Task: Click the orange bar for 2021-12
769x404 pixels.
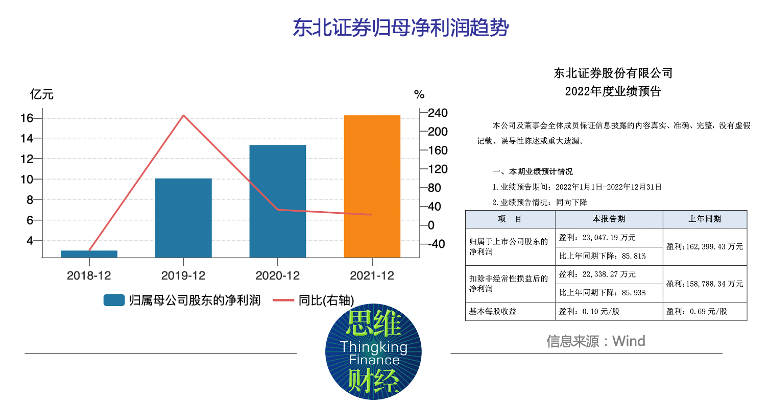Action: click(x=372, y=186)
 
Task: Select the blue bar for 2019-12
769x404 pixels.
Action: click(x=183, y=218)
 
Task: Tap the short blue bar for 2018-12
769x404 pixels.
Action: click(x=89, y=254)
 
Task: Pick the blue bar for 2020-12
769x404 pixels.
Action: click(x=277, y=201)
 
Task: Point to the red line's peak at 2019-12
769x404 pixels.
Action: click(x=183, y=115)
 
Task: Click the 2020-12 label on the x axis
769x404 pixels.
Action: click(x=277, y=275)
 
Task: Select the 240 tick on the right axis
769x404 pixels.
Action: click(x=438, y=113)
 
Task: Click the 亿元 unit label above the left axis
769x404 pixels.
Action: click(x=42, y=94)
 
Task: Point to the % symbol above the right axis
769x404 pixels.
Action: click(x=419, y=94)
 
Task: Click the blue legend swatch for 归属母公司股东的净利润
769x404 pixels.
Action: click(x=114, y=300)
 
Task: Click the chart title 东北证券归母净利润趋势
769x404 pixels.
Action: click(x=400, y=28)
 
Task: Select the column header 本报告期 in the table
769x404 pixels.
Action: click(x=608, y=219)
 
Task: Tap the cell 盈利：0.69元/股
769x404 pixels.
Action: click(x=696, y=311)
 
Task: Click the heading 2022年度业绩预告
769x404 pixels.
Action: click(x=613, y=92)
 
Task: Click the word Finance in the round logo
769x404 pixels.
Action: click(x=374, y=360)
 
